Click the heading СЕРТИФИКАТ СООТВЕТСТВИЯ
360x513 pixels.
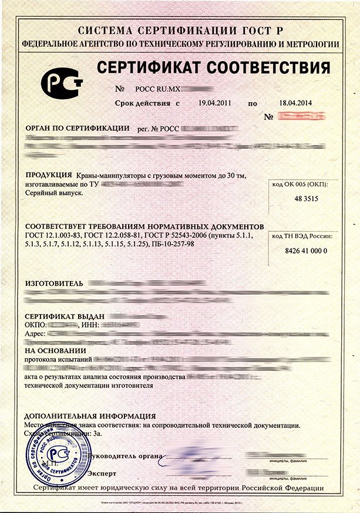[213, 66]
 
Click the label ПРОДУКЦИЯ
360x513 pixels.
[49, 176]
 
